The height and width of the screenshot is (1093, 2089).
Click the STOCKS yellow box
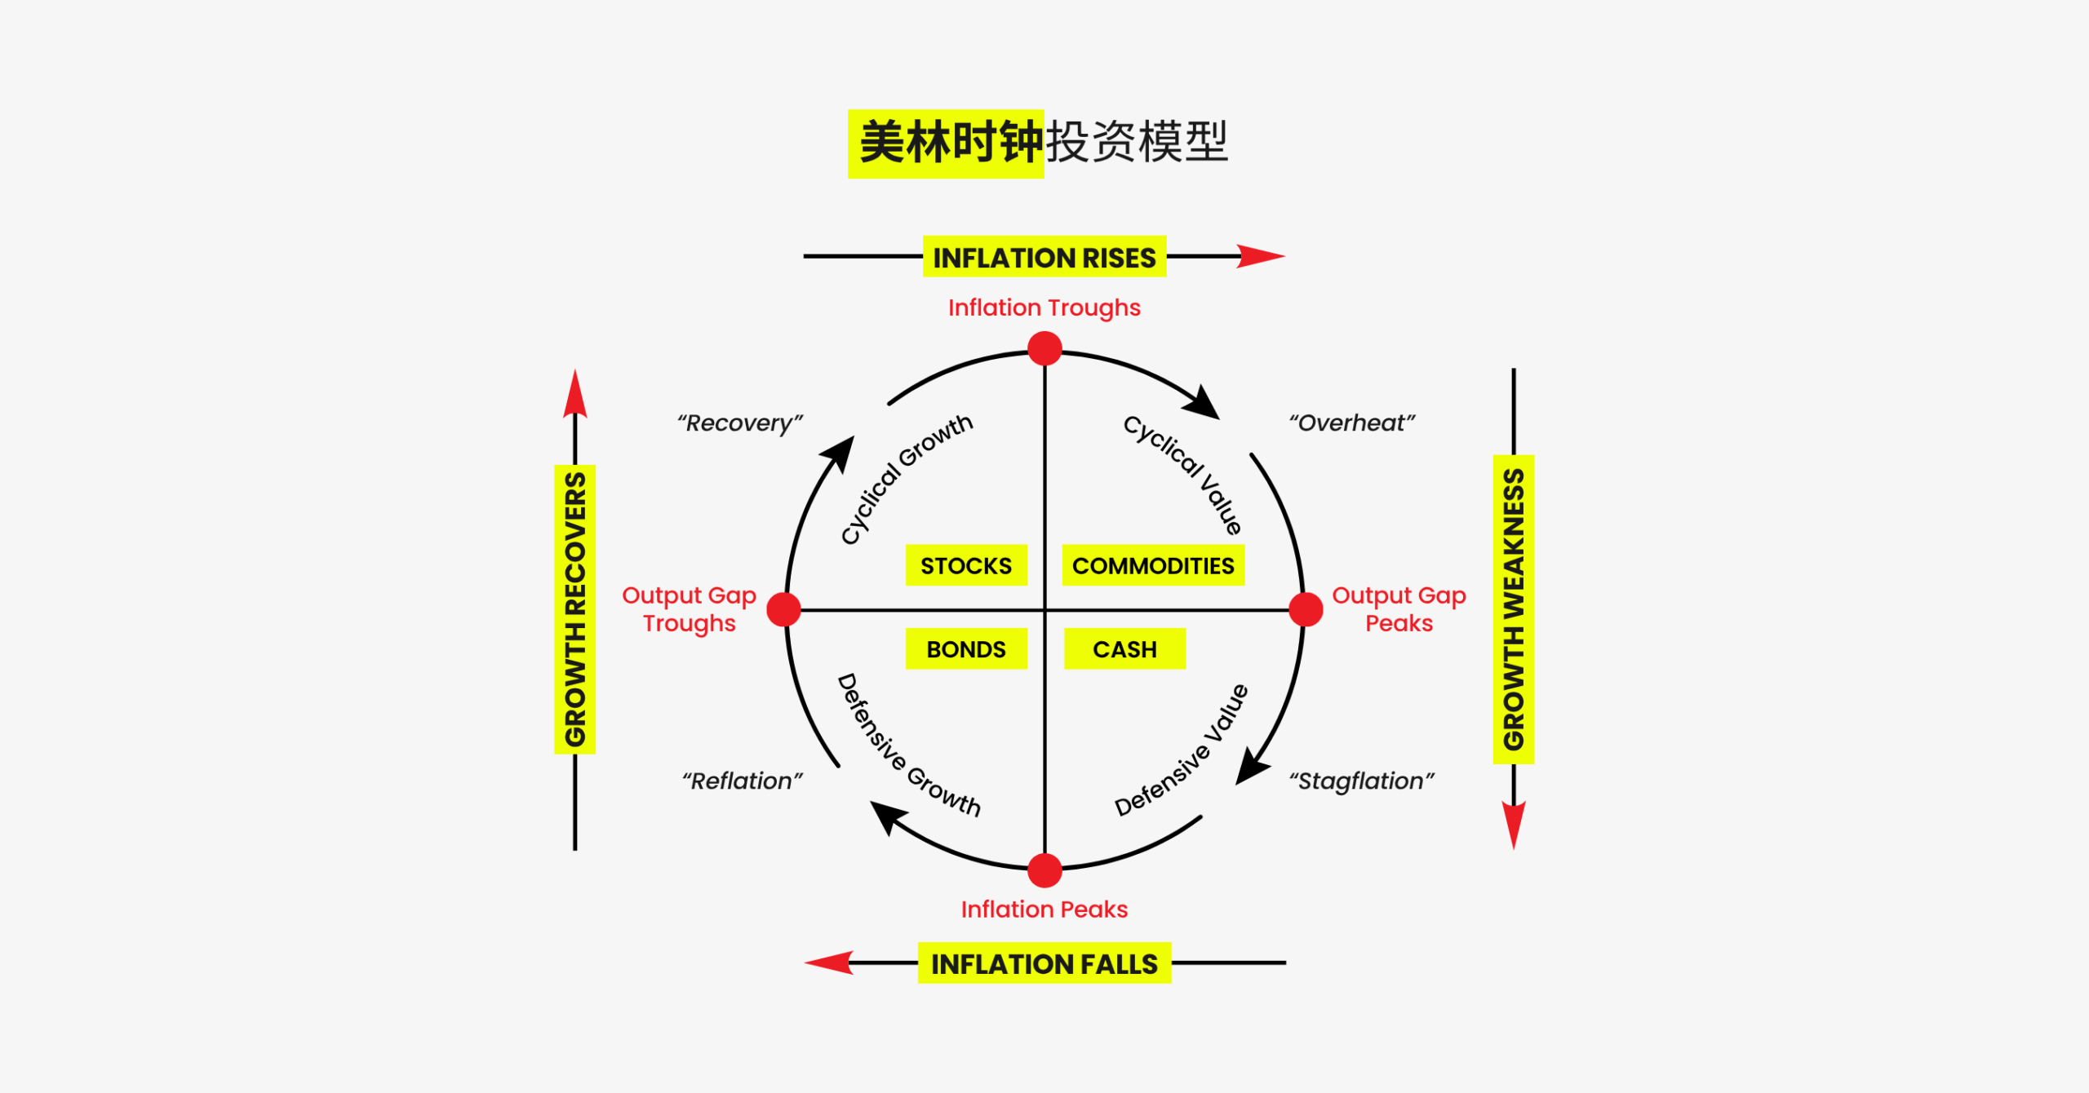(x=966, y=565)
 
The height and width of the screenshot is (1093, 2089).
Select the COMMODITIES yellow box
(x=1152, y=565)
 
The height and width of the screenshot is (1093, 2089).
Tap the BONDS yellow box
(x=966, y=648)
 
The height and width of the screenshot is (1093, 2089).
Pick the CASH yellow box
(x=1124, y=648)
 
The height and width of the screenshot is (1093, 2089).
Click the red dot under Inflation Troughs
(x=1044, y=348)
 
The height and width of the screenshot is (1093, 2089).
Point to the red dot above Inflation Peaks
(x=1044, y=870)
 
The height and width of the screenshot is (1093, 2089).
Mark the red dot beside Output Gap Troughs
(x=784, y=609)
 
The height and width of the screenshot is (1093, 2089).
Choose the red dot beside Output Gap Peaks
(x=1306, y=609)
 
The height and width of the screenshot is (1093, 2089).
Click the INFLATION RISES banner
(x=1044, y=257)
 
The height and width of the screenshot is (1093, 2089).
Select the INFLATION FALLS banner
(x=1044, y=963)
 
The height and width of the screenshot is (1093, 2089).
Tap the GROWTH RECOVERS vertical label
(x=575, y=609)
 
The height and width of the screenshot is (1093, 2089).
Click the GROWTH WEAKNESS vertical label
(x=1514, y=609)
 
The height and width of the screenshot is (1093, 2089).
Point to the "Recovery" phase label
(x=739, y=423)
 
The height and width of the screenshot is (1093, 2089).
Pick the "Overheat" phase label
(x=1351, y=423)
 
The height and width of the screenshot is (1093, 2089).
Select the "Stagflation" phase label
(x=1361, y=781)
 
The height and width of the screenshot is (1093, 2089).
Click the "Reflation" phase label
(x=742, y=781)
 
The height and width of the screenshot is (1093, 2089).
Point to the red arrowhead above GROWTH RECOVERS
(x=575, y=395)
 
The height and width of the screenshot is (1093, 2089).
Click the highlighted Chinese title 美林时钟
(x=947, y=143)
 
